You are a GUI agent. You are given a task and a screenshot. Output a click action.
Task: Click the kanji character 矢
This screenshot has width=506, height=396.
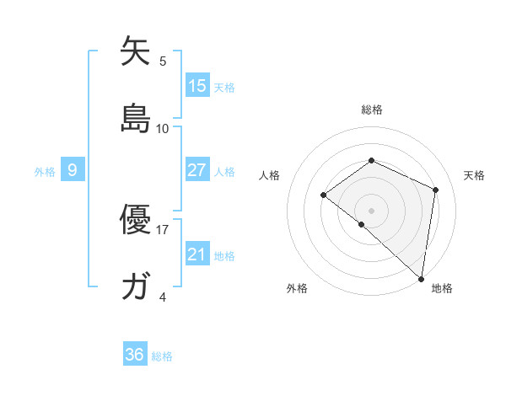coord(135,52)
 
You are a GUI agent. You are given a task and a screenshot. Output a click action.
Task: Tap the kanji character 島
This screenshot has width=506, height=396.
coord(135,119)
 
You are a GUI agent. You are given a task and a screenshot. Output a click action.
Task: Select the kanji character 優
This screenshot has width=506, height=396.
coord(135,221)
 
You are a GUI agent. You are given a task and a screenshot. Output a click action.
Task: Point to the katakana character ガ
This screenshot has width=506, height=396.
coord(135,287)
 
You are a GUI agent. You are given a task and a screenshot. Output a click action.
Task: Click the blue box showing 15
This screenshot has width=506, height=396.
coord(197,86)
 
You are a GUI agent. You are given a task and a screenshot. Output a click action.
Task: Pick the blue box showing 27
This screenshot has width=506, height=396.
coord(197,170)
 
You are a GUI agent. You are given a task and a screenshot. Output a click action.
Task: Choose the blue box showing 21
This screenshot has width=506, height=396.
coord(197,254)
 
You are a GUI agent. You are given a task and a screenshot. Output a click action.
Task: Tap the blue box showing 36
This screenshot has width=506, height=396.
coord(135,356)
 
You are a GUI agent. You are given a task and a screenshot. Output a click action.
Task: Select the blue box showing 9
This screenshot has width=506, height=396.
coord(73,170)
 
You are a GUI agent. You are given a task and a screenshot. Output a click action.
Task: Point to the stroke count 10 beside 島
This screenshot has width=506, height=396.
coord(163,128)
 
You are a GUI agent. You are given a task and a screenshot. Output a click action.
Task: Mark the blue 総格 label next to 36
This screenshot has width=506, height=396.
coord(162,356)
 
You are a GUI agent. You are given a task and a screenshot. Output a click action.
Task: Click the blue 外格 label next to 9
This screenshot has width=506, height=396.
coord(45,171)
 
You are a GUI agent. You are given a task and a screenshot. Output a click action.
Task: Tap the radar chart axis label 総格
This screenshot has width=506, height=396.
coord(371,110)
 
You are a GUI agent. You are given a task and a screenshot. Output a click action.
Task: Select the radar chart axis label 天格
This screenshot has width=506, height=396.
coord(475,175)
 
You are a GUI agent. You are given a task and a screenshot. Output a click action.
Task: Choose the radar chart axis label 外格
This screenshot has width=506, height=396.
coord(297,288)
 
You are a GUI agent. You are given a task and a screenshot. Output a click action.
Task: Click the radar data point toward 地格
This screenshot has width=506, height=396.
coord(422,278)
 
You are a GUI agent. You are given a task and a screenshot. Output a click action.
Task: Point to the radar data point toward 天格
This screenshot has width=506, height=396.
coord(436,190)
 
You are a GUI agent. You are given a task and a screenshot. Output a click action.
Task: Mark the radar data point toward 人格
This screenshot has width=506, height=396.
coord(323,195)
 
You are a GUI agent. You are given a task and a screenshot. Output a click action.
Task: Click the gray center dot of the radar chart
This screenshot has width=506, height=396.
coord(371,210)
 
